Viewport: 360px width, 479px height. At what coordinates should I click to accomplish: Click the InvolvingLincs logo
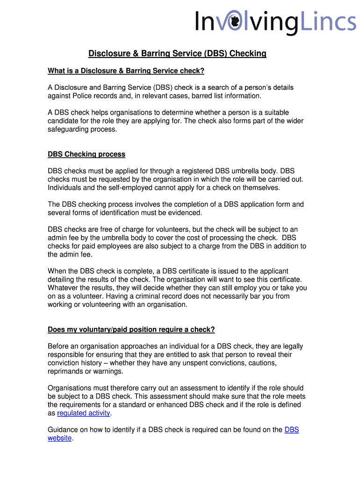275,22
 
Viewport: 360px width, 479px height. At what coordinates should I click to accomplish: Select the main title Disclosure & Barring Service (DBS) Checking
177,54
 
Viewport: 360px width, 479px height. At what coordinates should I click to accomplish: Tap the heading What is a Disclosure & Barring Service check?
126,71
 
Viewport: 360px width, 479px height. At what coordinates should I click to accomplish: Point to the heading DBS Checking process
86,154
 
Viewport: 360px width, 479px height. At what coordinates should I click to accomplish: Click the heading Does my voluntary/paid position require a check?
131,330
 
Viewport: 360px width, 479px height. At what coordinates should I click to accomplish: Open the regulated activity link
84,413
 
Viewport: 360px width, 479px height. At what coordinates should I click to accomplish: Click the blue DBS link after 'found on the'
291,430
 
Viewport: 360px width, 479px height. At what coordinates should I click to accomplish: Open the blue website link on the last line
60,438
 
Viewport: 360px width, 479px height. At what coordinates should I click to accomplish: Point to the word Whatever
64,288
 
